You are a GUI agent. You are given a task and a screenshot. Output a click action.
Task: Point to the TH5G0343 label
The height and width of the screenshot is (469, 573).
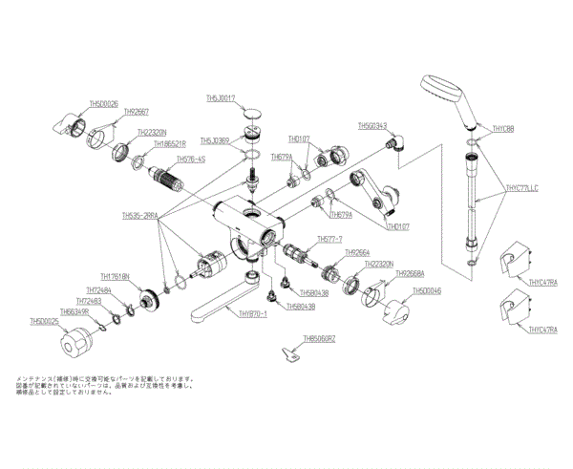pos(372,125)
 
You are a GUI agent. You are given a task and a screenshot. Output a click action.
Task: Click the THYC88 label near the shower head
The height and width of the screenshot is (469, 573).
pos(503,129)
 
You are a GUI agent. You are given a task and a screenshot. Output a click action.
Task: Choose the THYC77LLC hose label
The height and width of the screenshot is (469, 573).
pos(520,189)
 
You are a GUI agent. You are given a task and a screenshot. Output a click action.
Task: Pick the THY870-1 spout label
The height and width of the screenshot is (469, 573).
pos(253,314)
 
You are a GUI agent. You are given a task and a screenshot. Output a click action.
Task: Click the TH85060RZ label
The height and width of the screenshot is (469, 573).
pos(320,338)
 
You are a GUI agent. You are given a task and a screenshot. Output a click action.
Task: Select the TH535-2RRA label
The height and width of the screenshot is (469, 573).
pos(140,216)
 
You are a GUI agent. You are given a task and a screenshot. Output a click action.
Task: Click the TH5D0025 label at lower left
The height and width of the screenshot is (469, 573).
pos(45,322)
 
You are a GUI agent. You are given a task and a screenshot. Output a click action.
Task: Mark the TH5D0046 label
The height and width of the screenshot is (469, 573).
pos(427,291)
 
